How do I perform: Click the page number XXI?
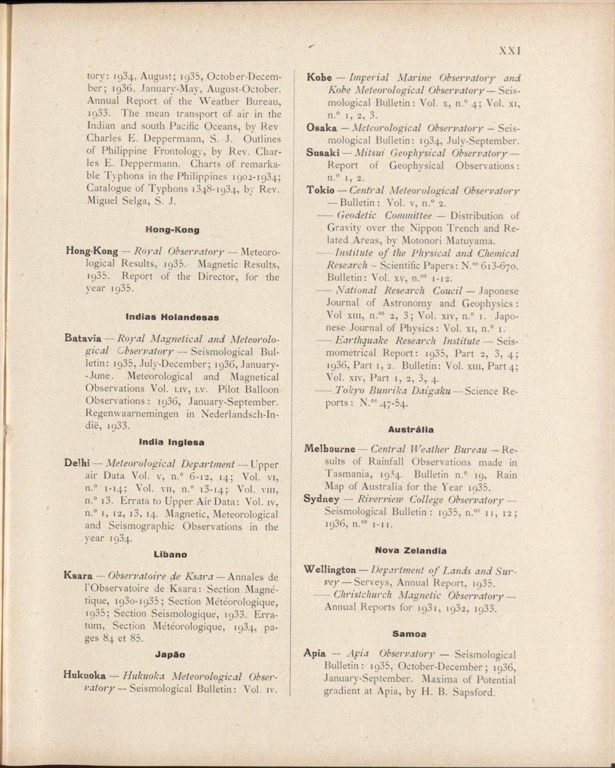click(x=510, y=50)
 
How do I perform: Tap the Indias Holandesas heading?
click(x=172, y=317)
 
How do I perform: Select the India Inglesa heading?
click(x=172, y=442)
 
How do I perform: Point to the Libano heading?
click(x=170, y=554)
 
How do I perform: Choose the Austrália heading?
click(x=413, y=429)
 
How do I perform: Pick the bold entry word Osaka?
click(x=322, y=128)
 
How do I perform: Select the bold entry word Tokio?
click(x=321, y=190)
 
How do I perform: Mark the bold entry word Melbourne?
click(x=330, y=449)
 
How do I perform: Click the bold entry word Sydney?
click(x=322, y=499)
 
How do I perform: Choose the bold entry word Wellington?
click(x=330, y=570)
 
